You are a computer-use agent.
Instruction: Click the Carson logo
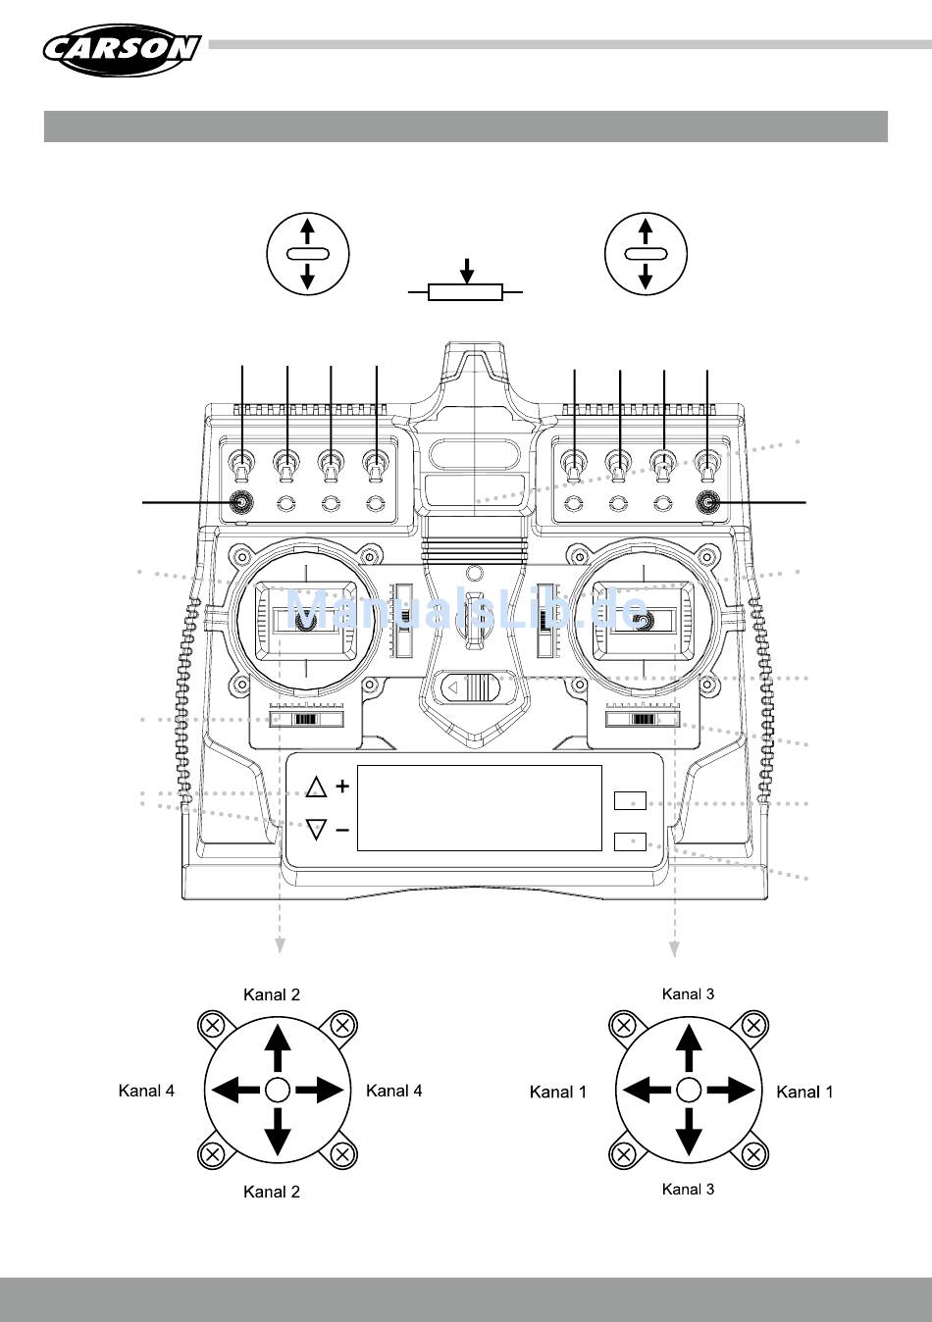(x=123, y=50)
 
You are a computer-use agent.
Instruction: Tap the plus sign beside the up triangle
(x=342, y=787)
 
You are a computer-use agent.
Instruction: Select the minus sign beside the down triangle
(x=342, y=831)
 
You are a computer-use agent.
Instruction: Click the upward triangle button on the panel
(x=316, y=788)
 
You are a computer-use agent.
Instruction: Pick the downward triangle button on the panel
(x=316, y=829)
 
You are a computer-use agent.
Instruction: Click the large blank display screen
(x=480, y=808)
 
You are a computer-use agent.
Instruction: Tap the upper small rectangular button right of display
(x=630, y=800)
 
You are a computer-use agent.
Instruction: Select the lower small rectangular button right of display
(x=630, y=841)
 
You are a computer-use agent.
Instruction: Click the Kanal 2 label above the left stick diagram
(x=272, y=994)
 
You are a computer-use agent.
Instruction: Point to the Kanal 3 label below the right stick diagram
(x=689, y=1189)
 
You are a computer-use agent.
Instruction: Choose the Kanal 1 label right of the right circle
(x=804, y=1092)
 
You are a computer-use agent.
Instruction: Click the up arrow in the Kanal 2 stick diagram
(x=277, y=1048)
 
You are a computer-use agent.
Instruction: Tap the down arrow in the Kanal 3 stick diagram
(x=689, y=1132)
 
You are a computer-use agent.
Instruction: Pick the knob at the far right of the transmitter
(x=707, y=502)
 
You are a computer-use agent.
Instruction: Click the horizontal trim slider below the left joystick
(x=306, y=720)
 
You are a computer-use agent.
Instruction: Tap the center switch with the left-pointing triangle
(x=471, y=686)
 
